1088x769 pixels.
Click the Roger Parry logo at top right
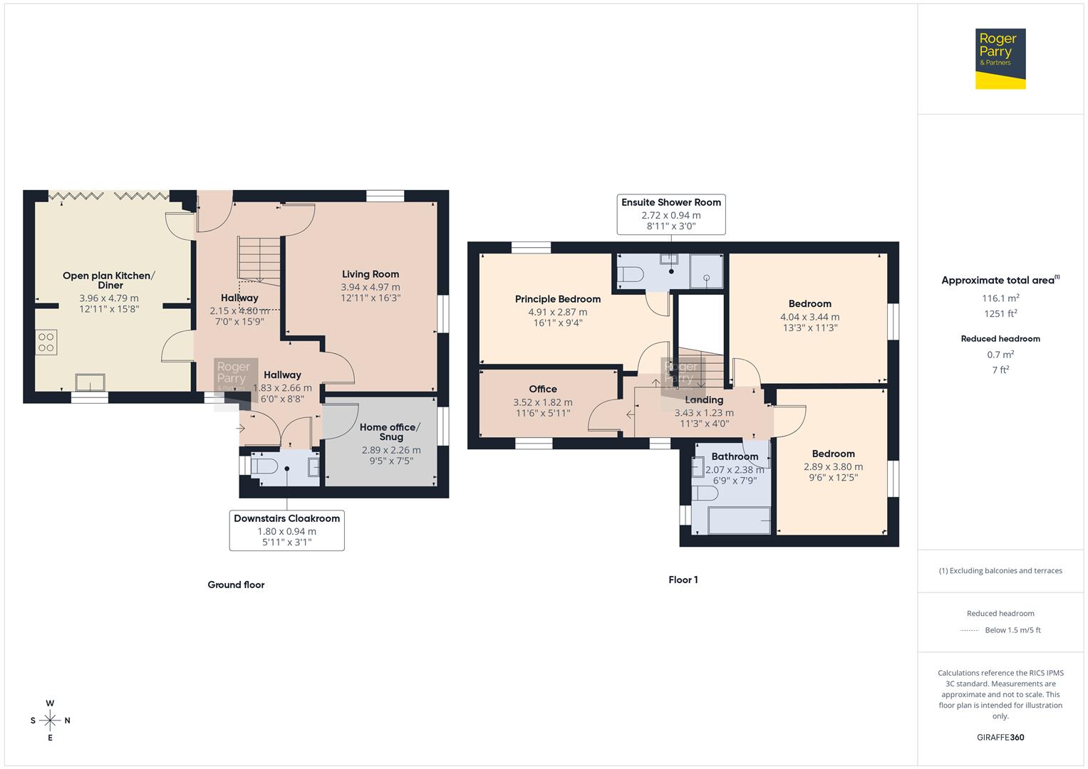click(x=1000, y=58)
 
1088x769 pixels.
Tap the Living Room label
click(x=370, y=274)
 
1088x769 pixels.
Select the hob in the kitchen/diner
click(x=46, y=342)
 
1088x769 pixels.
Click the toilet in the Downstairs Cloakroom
click(x=265, y=467)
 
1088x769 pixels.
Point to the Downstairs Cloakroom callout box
click(x=286, y=530)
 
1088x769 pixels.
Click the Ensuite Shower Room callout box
click(x=670, y=214)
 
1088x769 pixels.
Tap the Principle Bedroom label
click(x=557, y=299)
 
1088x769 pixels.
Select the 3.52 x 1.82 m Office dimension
click(x=542, y=402)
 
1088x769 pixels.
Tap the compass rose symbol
click(x=50, y=721)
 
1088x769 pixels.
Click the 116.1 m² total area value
click(x=1000, y=298)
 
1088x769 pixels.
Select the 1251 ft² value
click(x=1000, y=313)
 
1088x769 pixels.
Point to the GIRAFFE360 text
click(x=1000, y=737)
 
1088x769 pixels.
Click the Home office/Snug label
click(x=390, y=431)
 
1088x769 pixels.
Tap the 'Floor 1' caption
click(x=683, y=580)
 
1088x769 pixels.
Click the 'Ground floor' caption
click(x=236, y=585)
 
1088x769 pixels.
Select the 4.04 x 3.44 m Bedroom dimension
click(x=809, y=317)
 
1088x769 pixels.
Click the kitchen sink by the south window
click(x=90, y=382)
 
